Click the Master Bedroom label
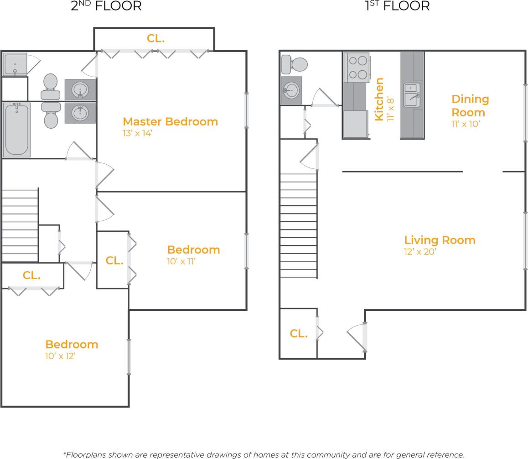(x=170, y=121)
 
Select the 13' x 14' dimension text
(x=137, y=133)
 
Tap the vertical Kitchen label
(x=379, y=99)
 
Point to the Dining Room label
(x=470, y=105)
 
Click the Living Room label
(x=440, y=240)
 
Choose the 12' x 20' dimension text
(x=420, y=252)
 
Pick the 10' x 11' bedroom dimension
(x=181, y=261)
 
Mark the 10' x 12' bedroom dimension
(x=60, y=356)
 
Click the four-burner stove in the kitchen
(x=356, y=68)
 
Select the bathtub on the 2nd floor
(x=16, y=130)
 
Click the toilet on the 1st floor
(x=294, y=64)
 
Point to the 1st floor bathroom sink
(x=291, y=90)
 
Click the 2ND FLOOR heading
(x=106, y=6)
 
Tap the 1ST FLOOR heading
(x=397, y=6)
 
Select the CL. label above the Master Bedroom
(x=155, y=39)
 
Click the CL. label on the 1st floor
(x=298, y=334)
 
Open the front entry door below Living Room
(x=357, y=337)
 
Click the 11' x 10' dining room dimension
(x=466, y=124)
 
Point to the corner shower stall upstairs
(x=15, y=65)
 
